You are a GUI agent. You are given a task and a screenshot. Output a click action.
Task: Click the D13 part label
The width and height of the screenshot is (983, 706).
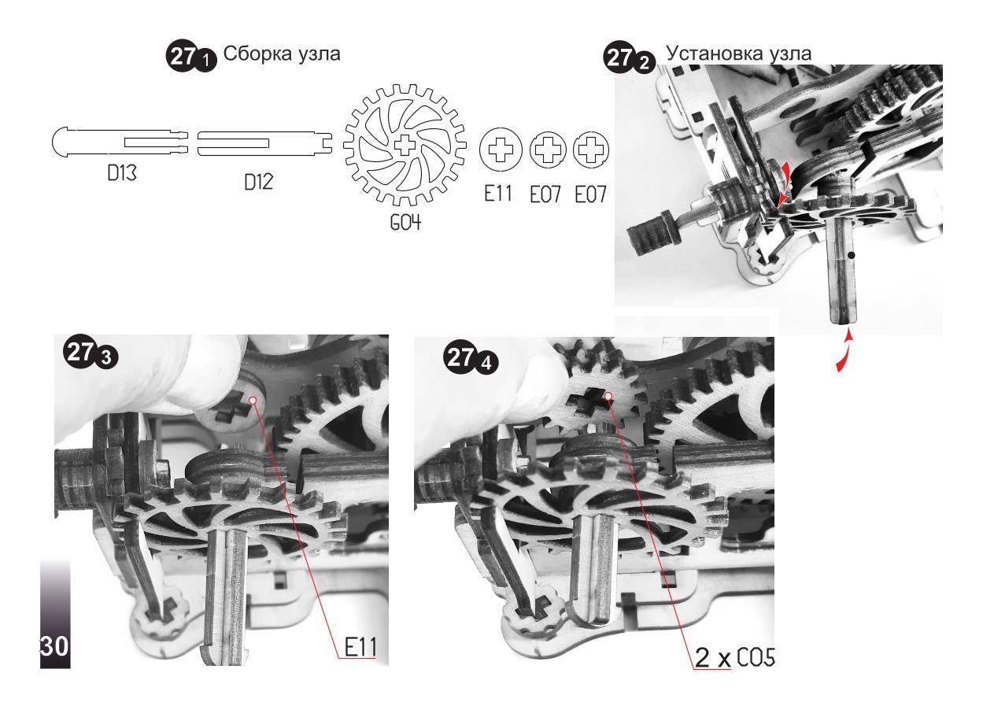coord(122,173)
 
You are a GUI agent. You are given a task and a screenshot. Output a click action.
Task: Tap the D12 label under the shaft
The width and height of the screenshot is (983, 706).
coord(258,182)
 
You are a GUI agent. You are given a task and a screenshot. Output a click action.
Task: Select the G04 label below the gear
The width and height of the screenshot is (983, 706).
coord(405,223)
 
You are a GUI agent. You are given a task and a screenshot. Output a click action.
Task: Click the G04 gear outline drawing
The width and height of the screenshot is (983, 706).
coord(405,146)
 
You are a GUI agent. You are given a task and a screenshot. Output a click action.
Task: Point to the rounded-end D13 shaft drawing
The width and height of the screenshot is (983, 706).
coord(120,142)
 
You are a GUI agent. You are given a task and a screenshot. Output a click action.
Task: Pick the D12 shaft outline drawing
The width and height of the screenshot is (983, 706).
coord(264,143)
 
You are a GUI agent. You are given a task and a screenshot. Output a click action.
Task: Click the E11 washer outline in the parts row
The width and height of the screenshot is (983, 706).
coord(501,150)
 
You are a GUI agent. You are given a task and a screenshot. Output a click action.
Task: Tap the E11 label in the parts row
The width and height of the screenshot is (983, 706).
coord(498,193)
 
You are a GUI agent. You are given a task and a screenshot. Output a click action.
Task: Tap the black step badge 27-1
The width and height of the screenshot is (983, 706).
coord(190,57)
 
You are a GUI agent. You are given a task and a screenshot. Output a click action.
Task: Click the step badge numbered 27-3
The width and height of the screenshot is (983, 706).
coord(91,353)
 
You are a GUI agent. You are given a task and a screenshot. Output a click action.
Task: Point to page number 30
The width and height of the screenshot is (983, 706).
coord(55,646)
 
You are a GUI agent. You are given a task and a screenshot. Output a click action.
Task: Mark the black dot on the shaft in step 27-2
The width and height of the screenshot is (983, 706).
coord(852,255)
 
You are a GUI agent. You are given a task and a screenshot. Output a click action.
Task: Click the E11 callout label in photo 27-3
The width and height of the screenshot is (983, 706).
coord(360,647)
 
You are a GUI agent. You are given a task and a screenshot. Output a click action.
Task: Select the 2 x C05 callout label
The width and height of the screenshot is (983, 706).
coord(734,657)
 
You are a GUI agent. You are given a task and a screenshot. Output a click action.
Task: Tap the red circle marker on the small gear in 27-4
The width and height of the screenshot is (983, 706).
coord(608,396)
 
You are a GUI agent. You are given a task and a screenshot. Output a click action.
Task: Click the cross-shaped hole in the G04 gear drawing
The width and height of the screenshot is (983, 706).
coord(405,146)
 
